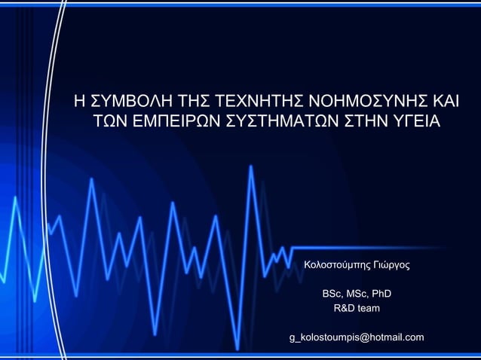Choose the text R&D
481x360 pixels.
(x=345, y=309)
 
